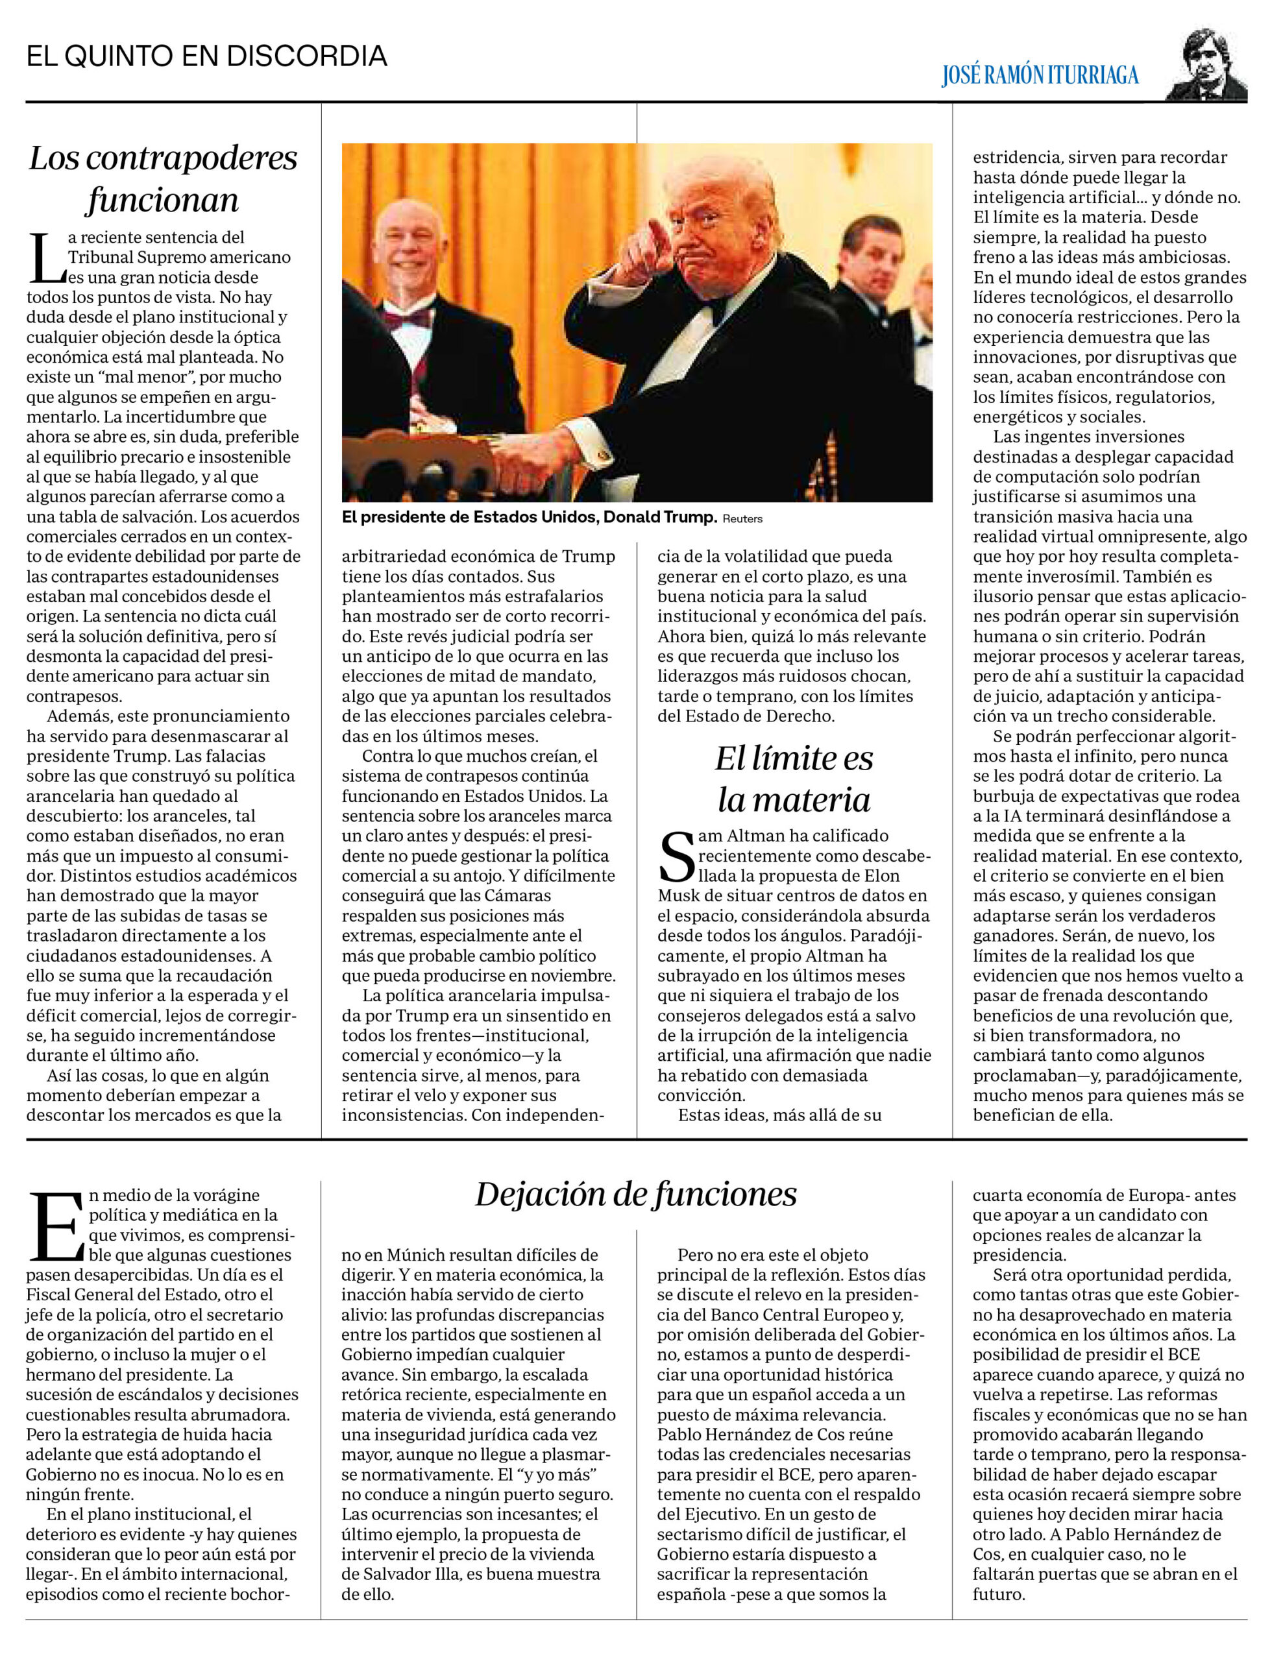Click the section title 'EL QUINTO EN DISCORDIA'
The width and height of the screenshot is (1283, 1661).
coord(206,57)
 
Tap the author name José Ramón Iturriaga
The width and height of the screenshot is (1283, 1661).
coord(1040,75)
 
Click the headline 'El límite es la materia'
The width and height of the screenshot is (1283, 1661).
coord(794,778)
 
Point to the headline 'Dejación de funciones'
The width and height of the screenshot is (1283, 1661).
coord(636,1194)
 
